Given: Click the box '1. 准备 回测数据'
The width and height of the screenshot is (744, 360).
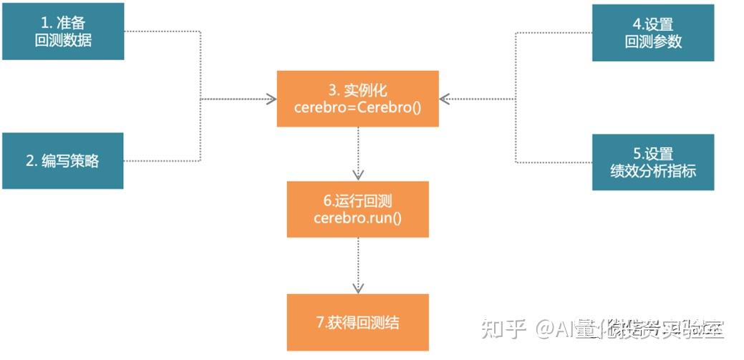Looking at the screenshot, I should pyautogui.click(x=63, y=31).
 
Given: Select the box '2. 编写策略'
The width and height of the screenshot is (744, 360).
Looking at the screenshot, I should pyautogui.click(x=63, y=160).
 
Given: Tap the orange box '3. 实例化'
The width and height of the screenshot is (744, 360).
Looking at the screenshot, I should pyautogui.click(x=357, y=99).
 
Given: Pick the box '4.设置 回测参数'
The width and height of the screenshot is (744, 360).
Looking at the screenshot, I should pyautogui.click(x=653, y=32).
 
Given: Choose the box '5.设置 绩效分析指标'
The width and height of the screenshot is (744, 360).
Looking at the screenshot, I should pyautogui.click(x=653, y=162).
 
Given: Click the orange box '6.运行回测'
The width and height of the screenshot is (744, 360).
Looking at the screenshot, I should pyautogui.click(x=357, y=208).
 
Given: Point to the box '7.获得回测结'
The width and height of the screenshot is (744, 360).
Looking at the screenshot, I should pyautogui.click(x=357, y=322).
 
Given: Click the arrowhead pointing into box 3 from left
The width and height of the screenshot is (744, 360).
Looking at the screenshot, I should pyautogui.click(x=271, y=99).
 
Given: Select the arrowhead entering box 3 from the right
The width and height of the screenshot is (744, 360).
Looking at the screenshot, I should pyautogui.click(x=445, y=99).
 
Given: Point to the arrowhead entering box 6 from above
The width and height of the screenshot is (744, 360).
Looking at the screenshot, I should pyautogui.click(x=358, y=175).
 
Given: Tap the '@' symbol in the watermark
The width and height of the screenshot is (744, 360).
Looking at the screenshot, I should pyautogui.click(x=546, y=329).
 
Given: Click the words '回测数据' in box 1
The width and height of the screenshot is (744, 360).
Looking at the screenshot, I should pyautogui.click(x=63, y=41).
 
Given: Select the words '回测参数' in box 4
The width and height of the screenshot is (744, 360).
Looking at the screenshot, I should pyautogui.click(x=653, y=42).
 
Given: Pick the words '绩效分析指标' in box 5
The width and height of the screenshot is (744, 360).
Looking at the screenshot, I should pyautogui.click(x=653, y=171).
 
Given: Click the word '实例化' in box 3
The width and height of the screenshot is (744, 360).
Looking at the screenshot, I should pyautogui.click(x=367, y=90).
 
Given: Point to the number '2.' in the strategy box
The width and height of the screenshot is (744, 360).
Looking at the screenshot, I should pyautogui.click(x=32, y=161).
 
